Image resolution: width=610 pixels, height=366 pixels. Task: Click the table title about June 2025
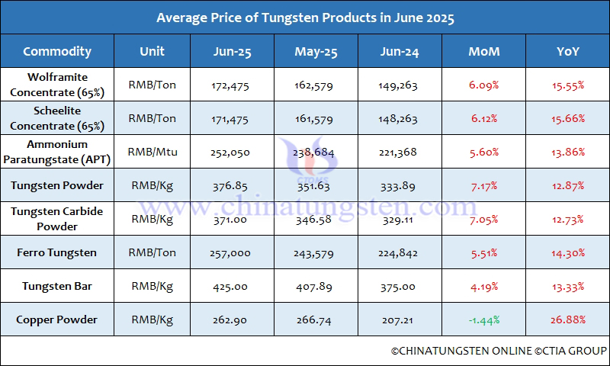point(305,18)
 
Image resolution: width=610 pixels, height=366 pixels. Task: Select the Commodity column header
point(57,52)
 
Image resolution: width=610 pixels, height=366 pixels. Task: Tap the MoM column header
point(484,52)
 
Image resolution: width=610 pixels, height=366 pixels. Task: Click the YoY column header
point(567,52)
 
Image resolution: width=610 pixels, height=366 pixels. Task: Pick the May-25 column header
point(316,52)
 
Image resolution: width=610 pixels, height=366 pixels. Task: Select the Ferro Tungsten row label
point(57,252)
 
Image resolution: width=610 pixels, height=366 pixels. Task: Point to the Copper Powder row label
point(57,319)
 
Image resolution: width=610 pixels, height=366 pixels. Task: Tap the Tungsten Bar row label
point(57,286)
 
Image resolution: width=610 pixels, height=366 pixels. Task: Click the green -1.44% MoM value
point(484,320)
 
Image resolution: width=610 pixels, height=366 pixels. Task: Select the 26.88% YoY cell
point(567,320)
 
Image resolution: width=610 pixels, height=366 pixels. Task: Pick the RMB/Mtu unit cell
point(152,152)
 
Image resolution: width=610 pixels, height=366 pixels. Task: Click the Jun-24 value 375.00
point(397,287)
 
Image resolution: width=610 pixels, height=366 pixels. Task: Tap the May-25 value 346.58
point(316,220)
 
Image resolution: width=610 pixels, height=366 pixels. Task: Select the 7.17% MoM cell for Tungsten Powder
point(484,186)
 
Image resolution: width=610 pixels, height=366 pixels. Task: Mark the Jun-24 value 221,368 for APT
point(397,152)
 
